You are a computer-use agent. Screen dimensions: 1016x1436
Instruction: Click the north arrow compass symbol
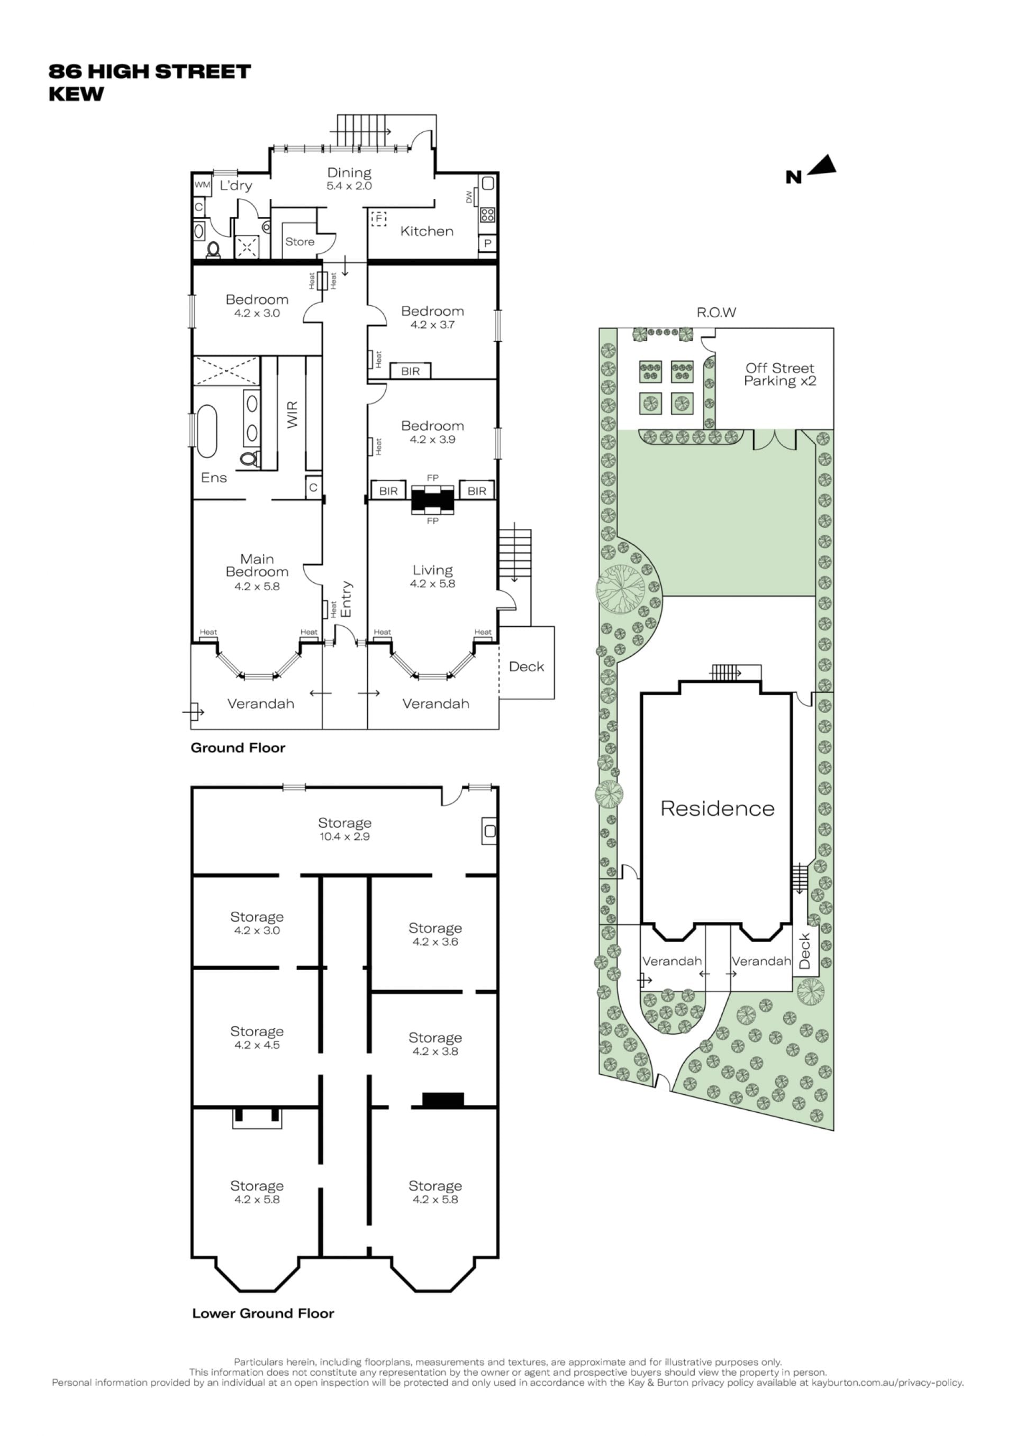click(822, 165)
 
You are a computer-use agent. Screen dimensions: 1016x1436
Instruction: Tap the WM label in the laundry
click(202, 185)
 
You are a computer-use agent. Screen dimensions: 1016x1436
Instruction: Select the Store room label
click(300, 241)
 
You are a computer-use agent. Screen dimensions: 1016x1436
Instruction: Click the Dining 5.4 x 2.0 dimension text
click(349, 186)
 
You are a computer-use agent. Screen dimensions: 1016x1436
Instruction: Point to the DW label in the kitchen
click(469, 197)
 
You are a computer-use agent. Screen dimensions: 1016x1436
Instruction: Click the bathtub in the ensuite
click(206, 432)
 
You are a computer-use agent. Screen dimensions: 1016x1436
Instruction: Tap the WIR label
click(292, 414)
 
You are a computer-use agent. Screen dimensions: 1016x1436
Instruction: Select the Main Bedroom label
click(257, 565)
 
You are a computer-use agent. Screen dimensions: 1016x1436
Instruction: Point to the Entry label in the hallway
click(346, 599)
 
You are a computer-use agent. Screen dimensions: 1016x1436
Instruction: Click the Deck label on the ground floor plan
click(526, 667)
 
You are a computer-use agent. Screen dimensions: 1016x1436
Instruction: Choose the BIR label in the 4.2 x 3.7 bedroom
click(411, 371)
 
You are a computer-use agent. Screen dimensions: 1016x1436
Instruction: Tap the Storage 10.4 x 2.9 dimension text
click(344, 836)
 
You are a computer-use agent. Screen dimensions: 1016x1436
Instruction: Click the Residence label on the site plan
click(718, 808)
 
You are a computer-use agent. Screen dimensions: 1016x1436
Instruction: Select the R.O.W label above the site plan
click(716, 312)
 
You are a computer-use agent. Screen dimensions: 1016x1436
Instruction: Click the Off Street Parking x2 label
click(779, 374)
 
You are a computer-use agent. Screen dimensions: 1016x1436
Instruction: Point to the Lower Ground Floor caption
click(263, 1313)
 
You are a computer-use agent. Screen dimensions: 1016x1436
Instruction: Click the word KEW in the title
click(76, 95)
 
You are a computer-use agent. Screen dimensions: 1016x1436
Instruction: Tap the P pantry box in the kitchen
click(488, 243)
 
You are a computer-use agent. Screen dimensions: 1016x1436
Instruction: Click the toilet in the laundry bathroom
click(213, 250)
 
